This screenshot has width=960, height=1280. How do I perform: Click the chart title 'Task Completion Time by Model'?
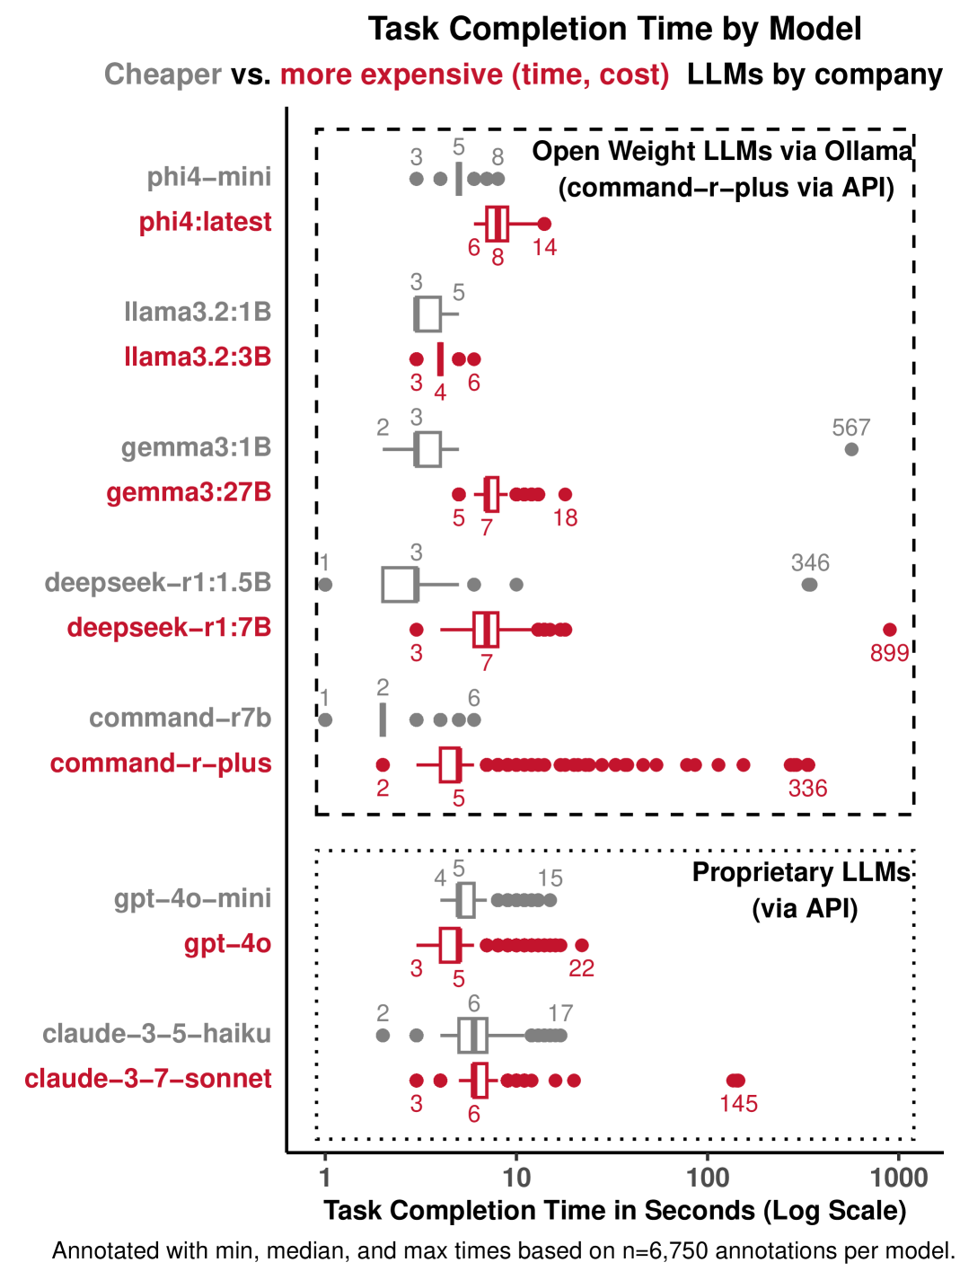(614, 30)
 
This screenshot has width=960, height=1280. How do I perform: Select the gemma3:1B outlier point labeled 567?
(851, 449)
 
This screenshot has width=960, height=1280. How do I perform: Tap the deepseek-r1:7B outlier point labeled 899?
(890, 630)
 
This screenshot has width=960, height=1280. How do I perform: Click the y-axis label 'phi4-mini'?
(209, 177)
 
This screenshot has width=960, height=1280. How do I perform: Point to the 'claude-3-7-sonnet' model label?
(148, 1079)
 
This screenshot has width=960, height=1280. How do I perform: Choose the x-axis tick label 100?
(708, 1177)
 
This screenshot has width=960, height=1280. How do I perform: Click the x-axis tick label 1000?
(899, 1177)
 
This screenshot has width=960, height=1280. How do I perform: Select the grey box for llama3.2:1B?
(427, 313)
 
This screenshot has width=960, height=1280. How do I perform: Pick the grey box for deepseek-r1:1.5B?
(400, 585)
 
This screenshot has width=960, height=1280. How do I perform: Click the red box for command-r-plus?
(450, 764)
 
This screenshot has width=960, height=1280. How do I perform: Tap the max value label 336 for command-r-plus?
(807, 789)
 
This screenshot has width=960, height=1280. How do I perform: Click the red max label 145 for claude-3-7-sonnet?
(738, 1103)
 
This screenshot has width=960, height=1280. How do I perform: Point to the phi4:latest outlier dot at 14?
(543, 224)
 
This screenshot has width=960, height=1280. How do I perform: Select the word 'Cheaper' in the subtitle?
(163, 75)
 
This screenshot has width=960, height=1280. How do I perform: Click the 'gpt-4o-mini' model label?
(192, 898)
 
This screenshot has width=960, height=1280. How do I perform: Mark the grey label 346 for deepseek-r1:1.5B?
(810, 563)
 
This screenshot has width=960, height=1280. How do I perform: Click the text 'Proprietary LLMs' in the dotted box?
(801, 873)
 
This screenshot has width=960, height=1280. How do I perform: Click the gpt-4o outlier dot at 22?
(582, 945)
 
